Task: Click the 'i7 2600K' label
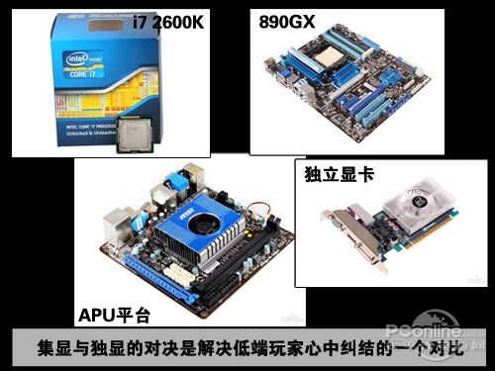tap(169, 21)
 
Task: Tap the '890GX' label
tap(289, 21)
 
